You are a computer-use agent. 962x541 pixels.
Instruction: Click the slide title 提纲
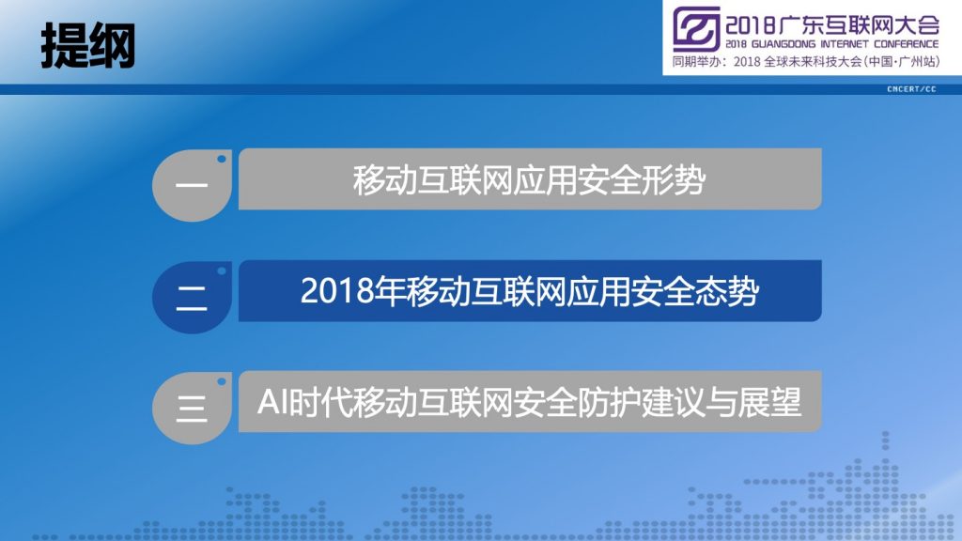tap(87, 46)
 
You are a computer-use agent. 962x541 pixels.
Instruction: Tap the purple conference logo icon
tap(696, 29)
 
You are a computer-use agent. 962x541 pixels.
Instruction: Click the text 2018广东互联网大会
tap(832, 25)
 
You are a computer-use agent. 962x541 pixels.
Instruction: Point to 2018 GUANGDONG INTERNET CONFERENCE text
tap(832, 44)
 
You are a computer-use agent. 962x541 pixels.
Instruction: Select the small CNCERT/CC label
tap(911, 89)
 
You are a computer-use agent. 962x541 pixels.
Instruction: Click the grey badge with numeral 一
tap(192, 185)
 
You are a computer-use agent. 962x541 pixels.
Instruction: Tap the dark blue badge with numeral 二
tap(192, 298)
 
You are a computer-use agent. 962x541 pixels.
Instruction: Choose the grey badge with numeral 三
tap(192, 408)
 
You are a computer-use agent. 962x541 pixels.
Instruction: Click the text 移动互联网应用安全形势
tap(529, 180)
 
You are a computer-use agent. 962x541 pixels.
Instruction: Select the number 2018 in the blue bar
tap(337, 291)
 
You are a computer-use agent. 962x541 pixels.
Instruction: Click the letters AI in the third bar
tap(272, 402)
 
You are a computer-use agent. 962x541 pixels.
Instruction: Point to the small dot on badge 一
tap(222, 159)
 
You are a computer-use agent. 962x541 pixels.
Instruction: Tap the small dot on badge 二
tap(222, 271)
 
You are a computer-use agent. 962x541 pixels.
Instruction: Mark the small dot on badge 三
tap(222, 381)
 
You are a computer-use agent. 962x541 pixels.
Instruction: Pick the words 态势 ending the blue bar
tap(727, 291)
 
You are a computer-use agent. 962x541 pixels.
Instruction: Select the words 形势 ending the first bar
tap(674, 180)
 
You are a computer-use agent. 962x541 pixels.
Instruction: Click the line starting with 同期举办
tap(805, 62)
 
